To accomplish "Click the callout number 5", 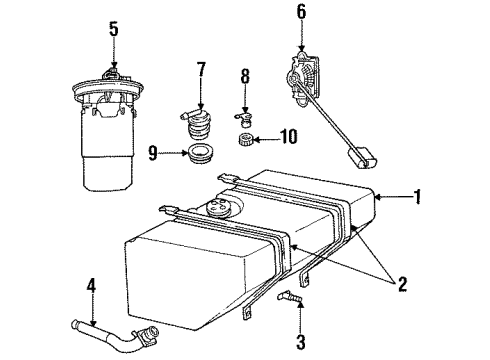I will click(x=113, y=29).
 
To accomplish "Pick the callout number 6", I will click(x=301, y=13).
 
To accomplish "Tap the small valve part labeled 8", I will click(x=244, y=112).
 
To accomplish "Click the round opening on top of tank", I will click(x=216, y=208).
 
